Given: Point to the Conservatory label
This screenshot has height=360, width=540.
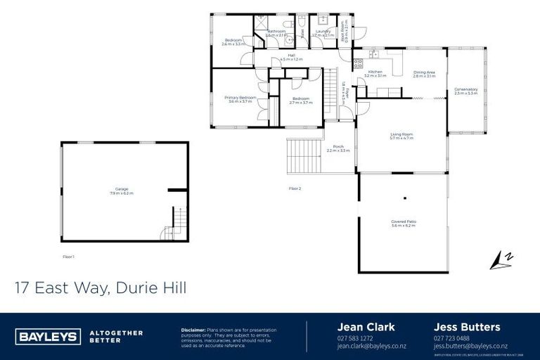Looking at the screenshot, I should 465,89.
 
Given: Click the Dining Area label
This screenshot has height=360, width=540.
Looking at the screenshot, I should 424,72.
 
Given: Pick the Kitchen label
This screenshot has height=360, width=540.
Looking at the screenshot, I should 375,72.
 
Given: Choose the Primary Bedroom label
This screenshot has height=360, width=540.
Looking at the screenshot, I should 240,98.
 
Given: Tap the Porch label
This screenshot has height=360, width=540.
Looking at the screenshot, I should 338,147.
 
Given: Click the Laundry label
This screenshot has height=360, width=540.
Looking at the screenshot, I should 323,32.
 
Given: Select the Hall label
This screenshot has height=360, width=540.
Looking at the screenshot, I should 291,57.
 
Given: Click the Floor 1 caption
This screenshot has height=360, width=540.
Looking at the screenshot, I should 68,257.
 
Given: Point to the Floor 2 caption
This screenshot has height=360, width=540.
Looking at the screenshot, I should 295,188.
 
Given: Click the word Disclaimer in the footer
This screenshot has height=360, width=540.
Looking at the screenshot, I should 193,329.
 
